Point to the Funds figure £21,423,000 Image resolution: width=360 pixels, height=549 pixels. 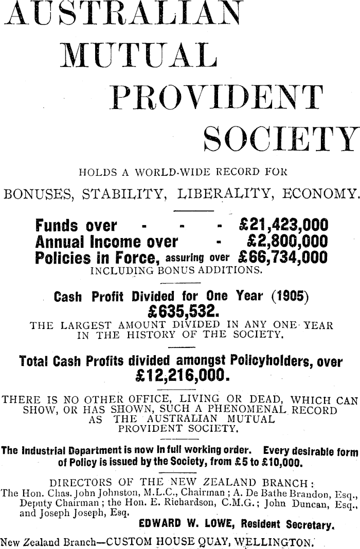(284, 226)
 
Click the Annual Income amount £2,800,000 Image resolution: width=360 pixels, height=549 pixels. (287, 241)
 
